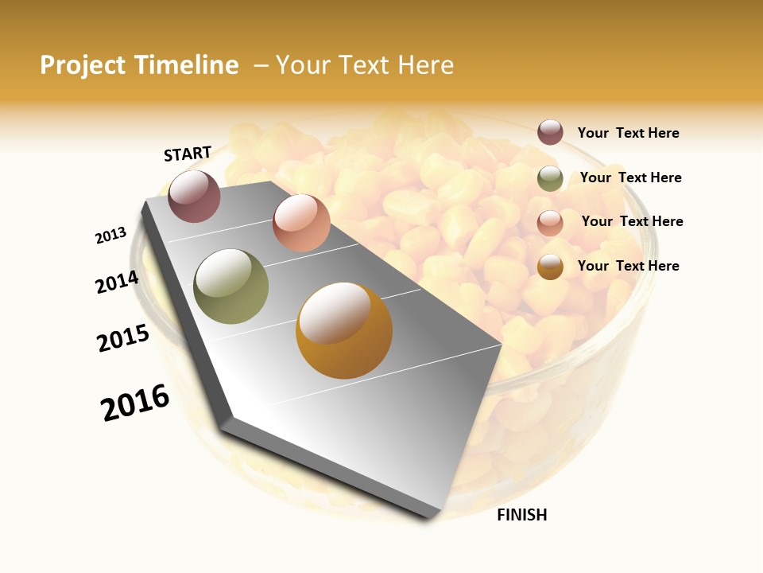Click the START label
click(x=188, y=154)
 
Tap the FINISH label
click(x=522, y=515)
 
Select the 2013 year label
click(x=111, y=236)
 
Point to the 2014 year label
click(x=118, y=282)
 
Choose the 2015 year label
click(x=123, y=338)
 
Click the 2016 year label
click(x=135, y=403)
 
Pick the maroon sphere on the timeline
click(x=194, y=197)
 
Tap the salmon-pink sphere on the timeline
click(x=301, y=223)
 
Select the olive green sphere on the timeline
click(x=231, y=286)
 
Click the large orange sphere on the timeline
click(x=344, y=330)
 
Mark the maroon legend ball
click(x=550, y=133)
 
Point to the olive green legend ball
click(x=550, y=178)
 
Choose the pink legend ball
click(x=550, y=223)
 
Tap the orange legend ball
click(x=550, y=267)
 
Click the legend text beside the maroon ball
click(x=628, y=133)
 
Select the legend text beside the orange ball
click(x=628, y=266)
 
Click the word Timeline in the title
click(x=187, y=65)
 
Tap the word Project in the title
click(x=82, y=65)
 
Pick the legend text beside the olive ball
click(x=630, y=177)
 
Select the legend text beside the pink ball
click(x=632, y=221)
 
